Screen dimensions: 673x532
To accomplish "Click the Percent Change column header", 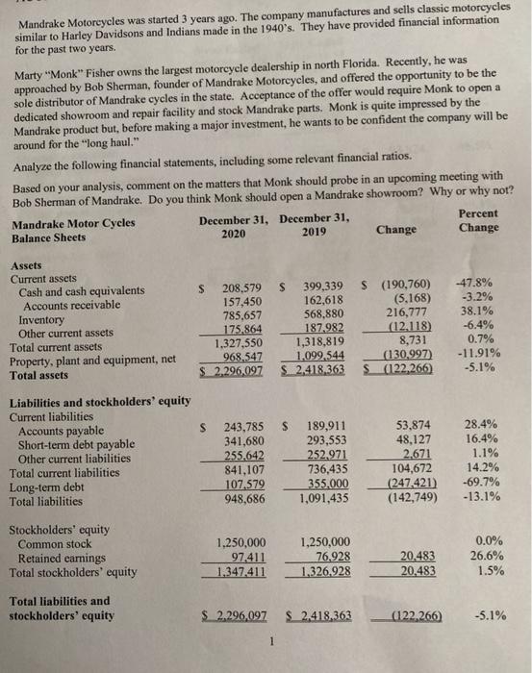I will point(478,220).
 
